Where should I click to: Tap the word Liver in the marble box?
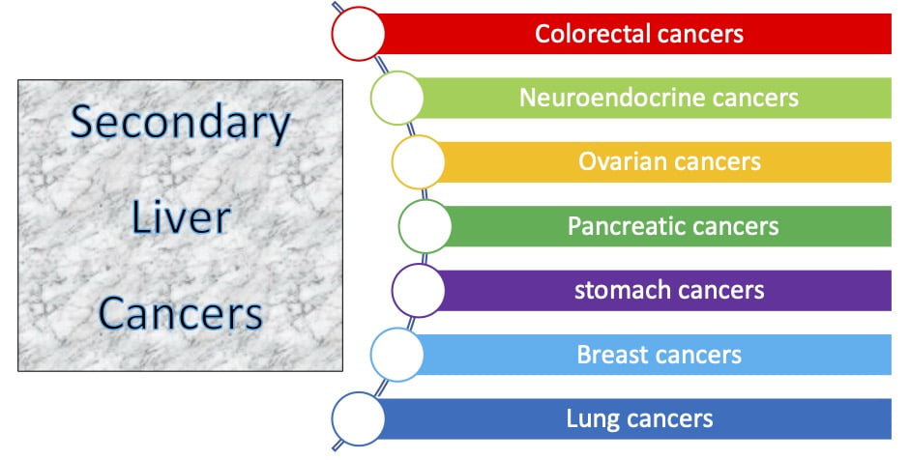pyautogui.click(x=181, y=217)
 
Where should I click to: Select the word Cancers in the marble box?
pyautogui.click(x=181, y=313)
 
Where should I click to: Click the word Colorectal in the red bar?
pyautogui.click(x=584, y=34)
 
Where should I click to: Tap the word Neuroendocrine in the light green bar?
pyautogui.click(x=611, y=98)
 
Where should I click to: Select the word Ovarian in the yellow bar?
pyautogui.click(x=617, y=161)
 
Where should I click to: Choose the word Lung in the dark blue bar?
pyautogui.click(x=592, y=419)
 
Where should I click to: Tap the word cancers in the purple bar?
pyautogui.click(x=717, y=291)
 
